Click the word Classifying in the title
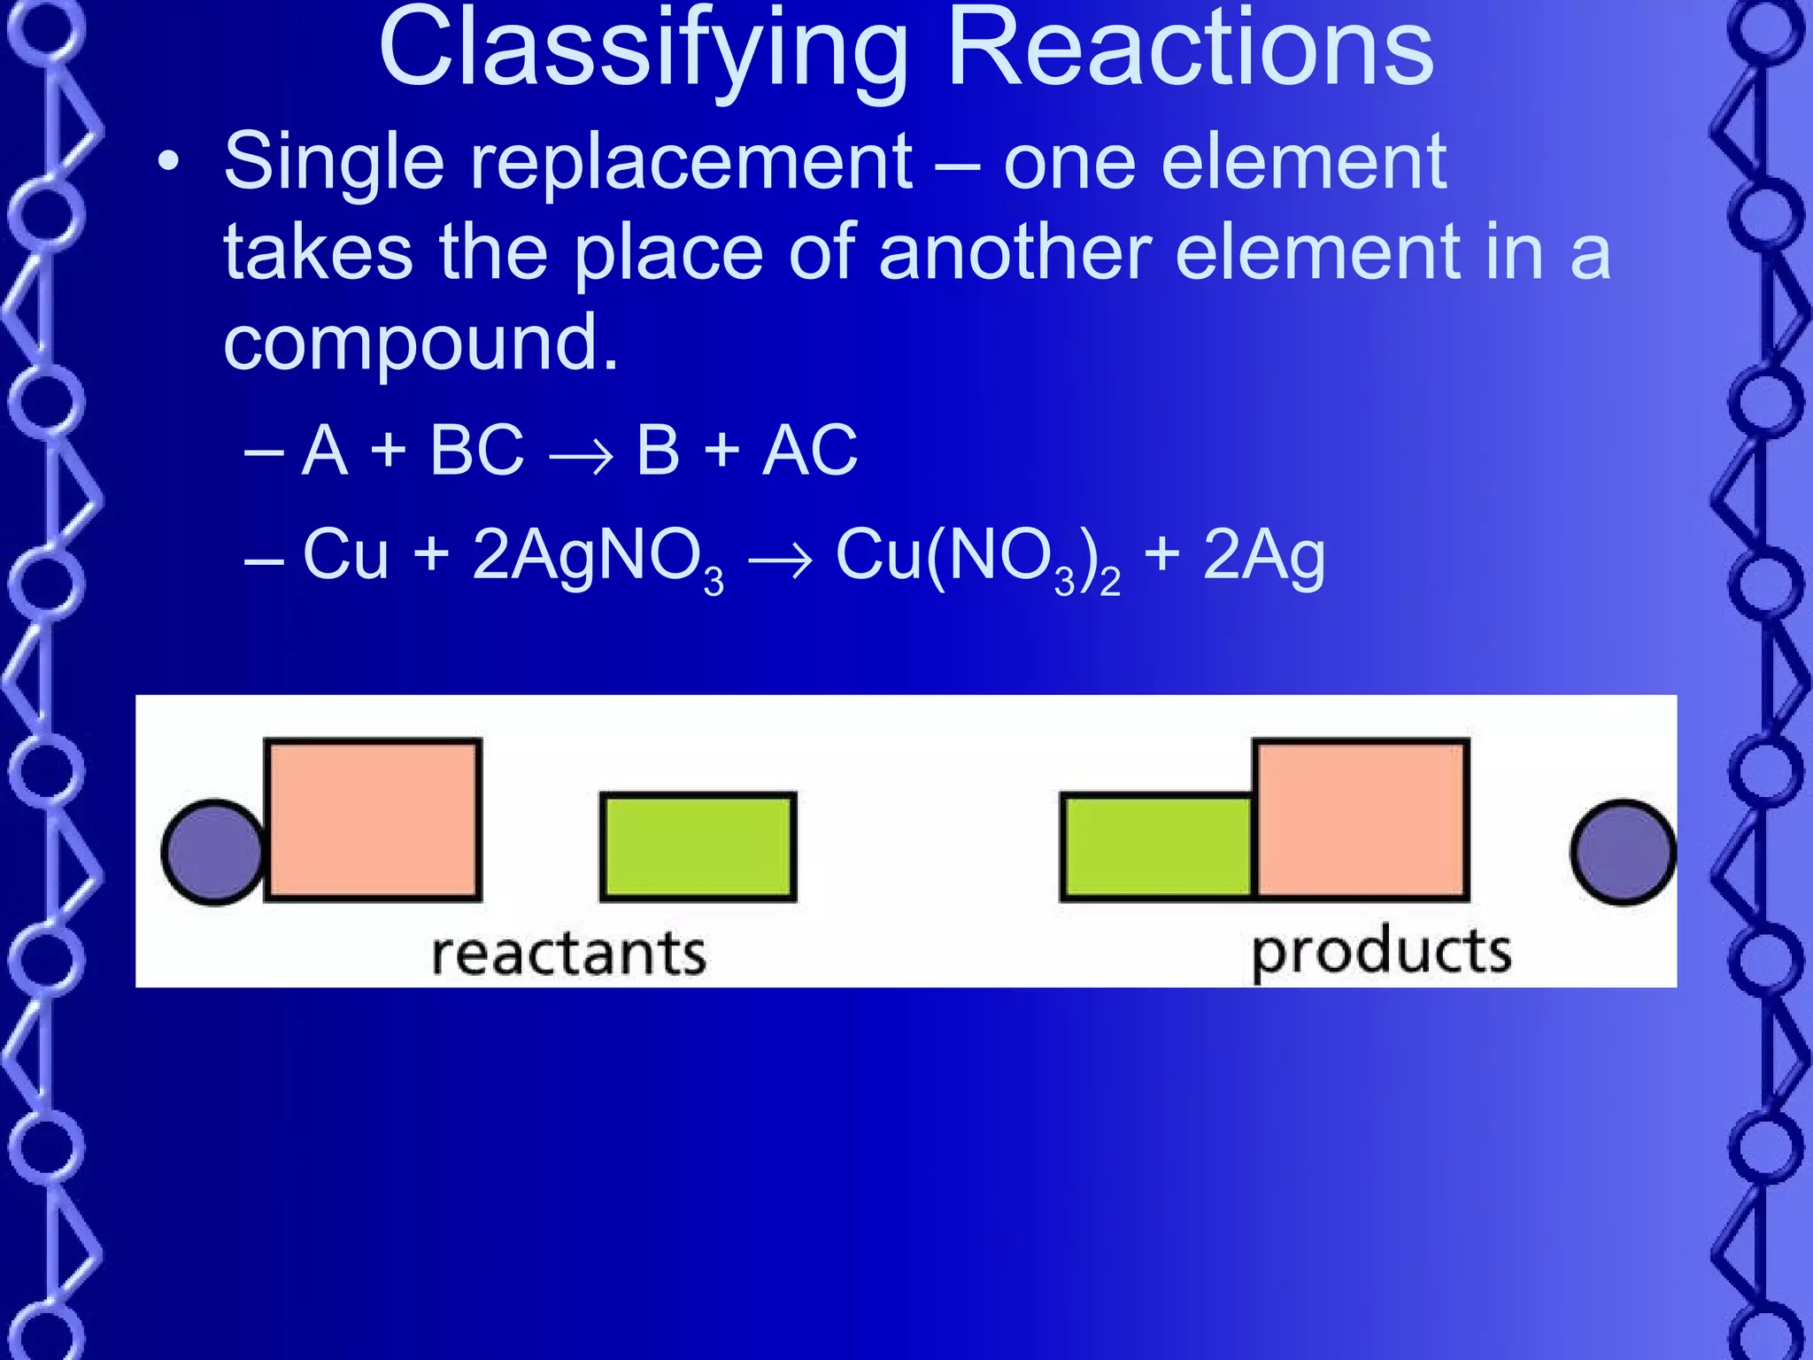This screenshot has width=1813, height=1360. point(643,51)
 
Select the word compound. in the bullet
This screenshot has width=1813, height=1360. point(420,344)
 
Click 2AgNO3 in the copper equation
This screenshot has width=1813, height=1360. point(598,558)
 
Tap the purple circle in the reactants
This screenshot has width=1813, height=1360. point(213,852)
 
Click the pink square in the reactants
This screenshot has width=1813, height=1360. point(373,819)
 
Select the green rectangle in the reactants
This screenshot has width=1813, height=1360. point(698,846)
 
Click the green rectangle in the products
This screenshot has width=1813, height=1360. point(1156,847)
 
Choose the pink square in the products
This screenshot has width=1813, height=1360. point(1361,819)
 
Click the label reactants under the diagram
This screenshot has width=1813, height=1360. point(568,954)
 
